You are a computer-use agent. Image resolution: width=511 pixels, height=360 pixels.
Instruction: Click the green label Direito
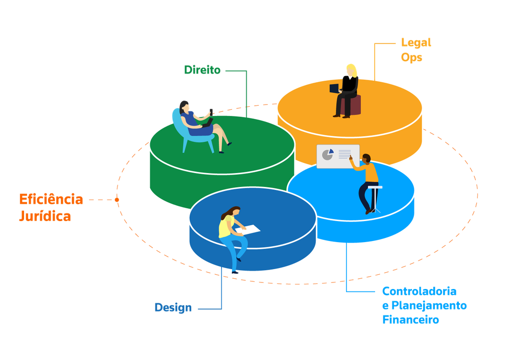[202, 70]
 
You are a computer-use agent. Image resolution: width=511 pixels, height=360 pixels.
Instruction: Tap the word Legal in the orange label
[416, 42]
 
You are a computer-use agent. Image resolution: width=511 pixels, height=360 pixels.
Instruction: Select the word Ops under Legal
[411, 57]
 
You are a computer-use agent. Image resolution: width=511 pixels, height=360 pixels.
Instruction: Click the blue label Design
[173, 307]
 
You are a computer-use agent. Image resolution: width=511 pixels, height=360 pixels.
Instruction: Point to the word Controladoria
[419, 291]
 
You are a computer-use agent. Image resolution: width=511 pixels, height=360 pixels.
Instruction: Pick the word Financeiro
[411, 320]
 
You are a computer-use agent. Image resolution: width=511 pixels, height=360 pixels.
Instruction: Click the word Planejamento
[429, 305]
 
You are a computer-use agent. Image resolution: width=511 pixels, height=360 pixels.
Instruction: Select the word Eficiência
[51, 199]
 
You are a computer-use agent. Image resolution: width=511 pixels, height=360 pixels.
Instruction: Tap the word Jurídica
[45, 217]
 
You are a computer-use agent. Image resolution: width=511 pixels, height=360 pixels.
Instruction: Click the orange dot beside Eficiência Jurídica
[117, 200]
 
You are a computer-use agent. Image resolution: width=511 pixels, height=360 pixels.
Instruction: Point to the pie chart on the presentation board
[328, 154]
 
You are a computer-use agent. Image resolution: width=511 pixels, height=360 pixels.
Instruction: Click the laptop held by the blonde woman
[335, 88]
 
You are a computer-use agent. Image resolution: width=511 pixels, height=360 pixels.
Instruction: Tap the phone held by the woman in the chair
[211, 112]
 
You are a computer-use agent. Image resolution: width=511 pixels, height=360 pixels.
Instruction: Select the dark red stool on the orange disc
[354, 105]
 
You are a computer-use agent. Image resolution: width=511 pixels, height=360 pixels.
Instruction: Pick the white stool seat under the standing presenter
[375, 187]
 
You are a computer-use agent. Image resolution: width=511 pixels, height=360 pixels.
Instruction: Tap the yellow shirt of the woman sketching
[225, 226]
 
